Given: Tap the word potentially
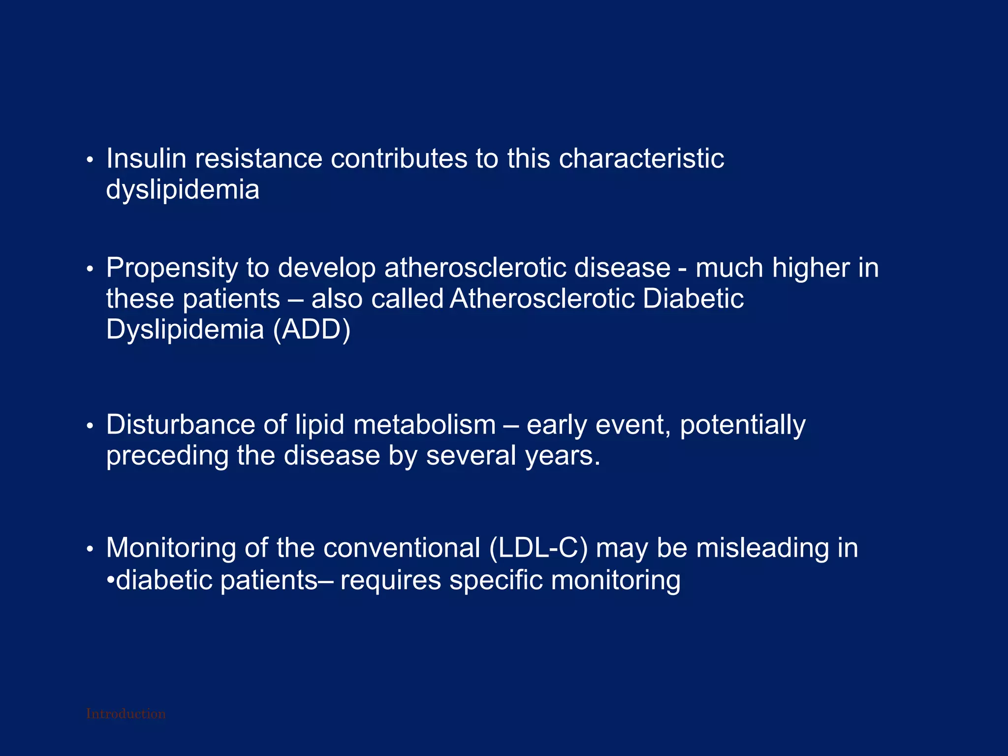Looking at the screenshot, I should [742, 426].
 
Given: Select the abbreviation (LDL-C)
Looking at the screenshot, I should [538, 548].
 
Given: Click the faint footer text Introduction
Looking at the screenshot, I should [126, 714].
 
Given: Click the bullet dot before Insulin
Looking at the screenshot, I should [90, 160].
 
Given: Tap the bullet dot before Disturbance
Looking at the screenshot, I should [90, 426].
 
